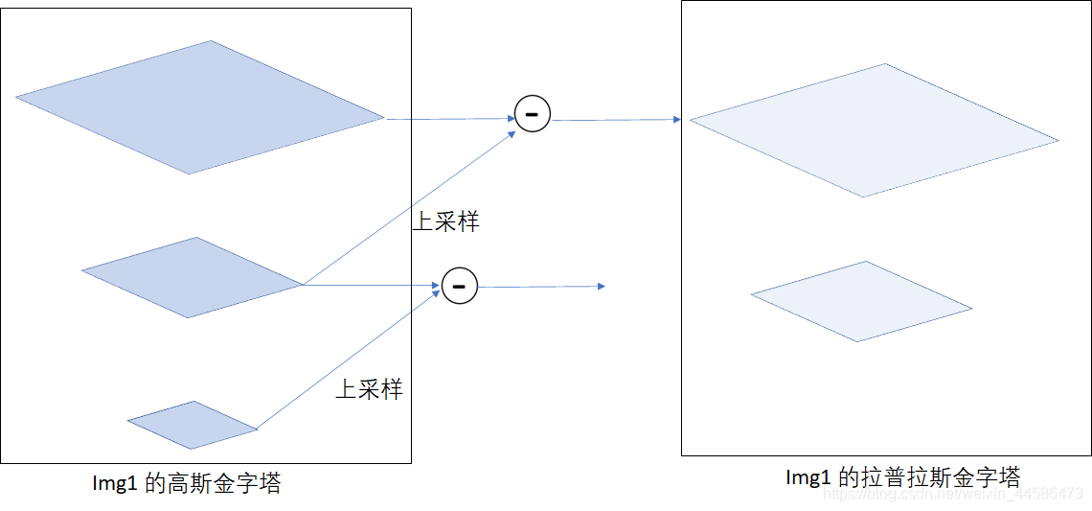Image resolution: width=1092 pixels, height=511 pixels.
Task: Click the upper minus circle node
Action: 533,114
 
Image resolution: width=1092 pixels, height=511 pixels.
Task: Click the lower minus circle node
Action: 460,286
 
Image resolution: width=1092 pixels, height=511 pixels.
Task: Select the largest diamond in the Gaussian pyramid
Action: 199,107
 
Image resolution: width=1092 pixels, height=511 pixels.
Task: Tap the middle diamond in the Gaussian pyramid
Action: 193,277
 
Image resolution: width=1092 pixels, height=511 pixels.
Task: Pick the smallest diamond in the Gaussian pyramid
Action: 193,425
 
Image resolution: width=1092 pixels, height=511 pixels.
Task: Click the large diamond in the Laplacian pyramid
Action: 874,130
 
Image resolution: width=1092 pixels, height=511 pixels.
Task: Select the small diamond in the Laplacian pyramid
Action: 861,301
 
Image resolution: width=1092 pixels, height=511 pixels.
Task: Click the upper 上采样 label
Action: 445,221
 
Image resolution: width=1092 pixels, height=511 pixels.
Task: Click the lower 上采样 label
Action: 369,389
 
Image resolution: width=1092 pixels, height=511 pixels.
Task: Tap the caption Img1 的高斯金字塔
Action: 186,483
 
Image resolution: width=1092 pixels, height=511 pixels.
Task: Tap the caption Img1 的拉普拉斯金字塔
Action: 902,476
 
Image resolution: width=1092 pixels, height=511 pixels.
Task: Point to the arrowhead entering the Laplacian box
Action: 676,120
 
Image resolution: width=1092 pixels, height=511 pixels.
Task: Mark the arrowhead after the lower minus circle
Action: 601,286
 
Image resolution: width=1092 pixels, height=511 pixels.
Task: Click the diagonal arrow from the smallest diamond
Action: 349,357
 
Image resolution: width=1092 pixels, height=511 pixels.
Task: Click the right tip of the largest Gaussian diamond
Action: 383,118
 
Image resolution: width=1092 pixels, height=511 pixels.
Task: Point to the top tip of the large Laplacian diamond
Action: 885,64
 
